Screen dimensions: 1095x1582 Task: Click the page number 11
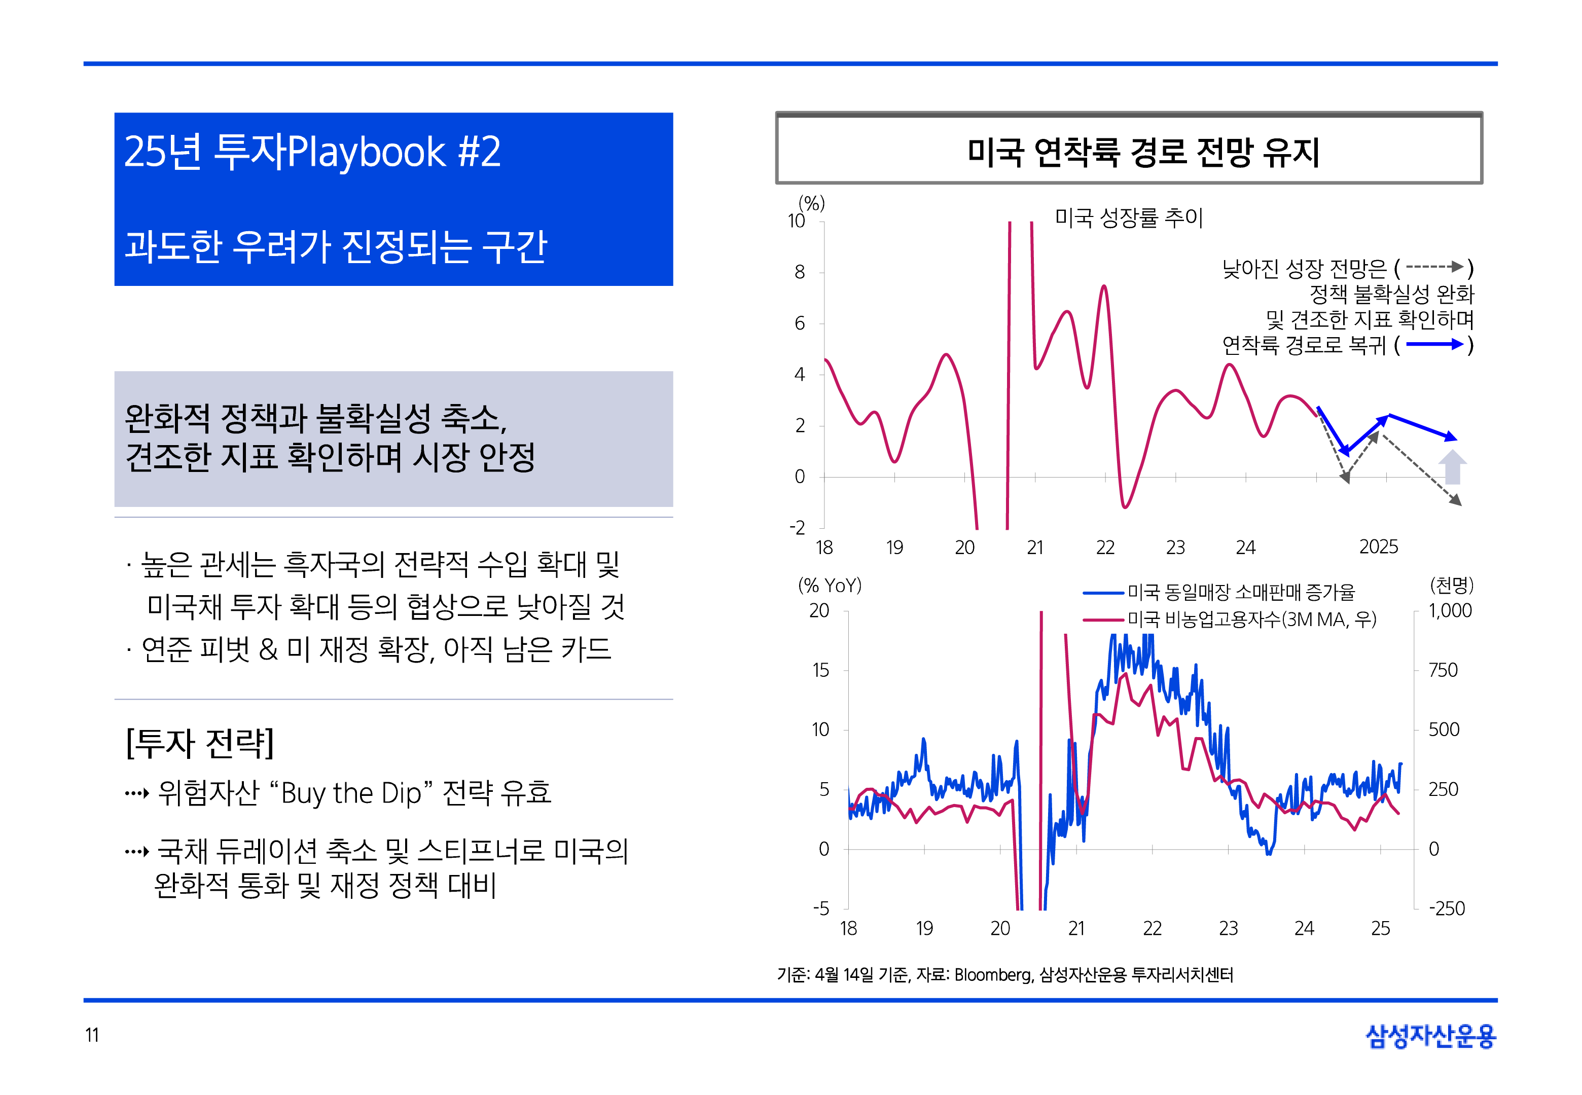[x=92, y=1035]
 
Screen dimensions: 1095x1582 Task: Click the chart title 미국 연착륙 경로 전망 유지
[x=1143, y=152]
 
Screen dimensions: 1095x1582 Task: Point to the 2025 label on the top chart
[x=1378, y=547]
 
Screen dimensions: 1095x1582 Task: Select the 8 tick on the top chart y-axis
[x=800, y=272]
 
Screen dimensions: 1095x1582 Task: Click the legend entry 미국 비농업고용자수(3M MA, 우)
[x=1251, y=619]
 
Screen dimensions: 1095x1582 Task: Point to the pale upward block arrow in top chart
[x=1452, y=467]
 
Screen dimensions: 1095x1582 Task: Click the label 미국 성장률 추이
[x=1129, y=218]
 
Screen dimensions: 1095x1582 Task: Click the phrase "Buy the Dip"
[x=351, y=793]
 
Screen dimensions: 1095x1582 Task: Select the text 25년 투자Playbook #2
[x=312, y=152]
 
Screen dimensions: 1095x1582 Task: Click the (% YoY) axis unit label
[x=830, y=585]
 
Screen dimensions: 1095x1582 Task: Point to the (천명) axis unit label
[x=1451, y=585]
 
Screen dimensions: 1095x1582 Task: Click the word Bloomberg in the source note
[x=993, y=974]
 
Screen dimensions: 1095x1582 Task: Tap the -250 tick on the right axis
[x=1446, y=908]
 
